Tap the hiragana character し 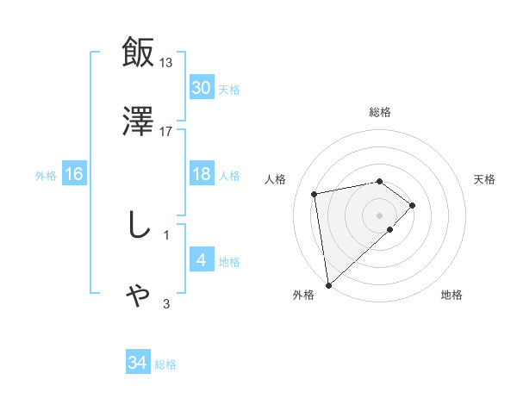point(138,225)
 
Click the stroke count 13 point(166,62)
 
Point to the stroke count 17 point(166,132)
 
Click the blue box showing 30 point(201,88)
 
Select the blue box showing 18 point(201,174)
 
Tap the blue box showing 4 point(201,260)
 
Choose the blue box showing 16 point(74,174)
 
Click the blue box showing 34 point(138,363)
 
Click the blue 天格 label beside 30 point(229,90)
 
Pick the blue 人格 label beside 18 point(229,176)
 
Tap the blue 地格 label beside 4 point(229,262)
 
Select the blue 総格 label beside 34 point(165,364)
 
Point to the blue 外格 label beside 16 point(46,176)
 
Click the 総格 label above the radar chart point(380,112)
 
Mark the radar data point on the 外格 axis point(328,285)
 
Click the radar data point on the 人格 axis point(315,193)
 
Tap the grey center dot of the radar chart point(380,215)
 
